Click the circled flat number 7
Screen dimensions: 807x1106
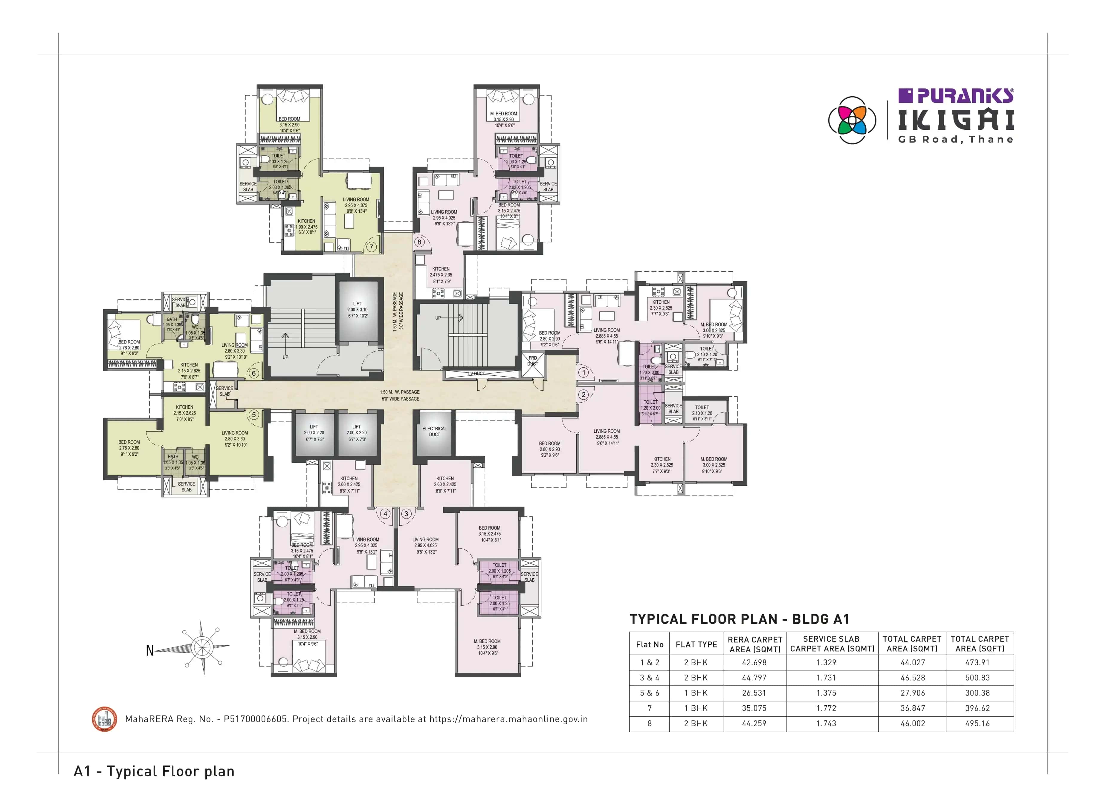[x=371, y=247]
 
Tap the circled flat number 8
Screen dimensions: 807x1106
[x=419, y=242]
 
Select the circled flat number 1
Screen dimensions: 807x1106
[x=583, y=372]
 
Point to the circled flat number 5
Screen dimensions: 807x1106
[x=253, y=415]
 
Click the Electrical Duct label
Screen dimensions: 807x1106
[x=434, y=431]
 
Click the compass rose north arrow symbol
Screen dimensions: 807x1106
[x=201, y=648]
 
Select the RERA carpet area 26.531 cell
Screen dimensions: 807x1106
[x=754, y=693]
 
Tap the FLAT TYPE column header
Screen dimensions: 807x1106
[x=696, y=644]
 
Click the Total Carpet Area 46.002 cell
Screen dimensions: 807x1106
[x=912, y=724]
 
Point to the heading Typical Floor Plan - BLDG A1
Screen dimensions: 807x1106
[x=739, y=619]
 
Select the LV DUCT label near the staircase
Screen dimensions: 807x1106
[x=476, y=374]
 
